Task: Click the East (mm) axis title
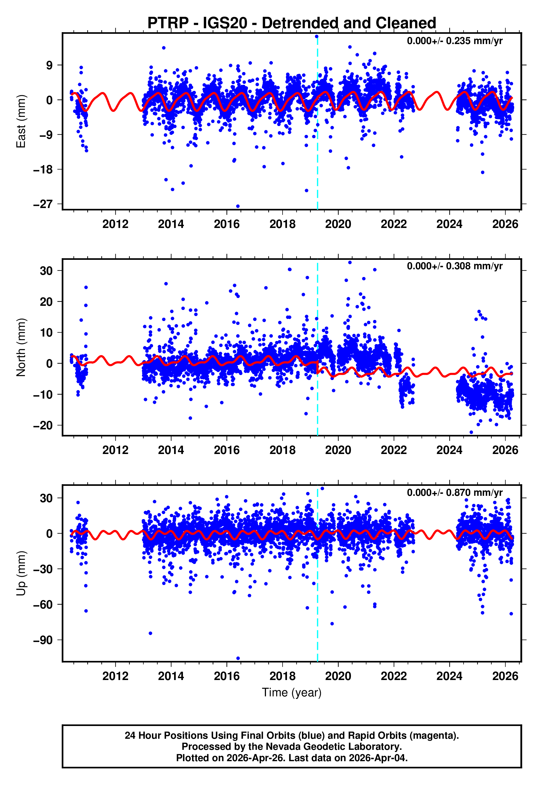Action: click(x=21, y=121)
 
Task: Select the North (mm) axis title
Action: click(x=21, y=347)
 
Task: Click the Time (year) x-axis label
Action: click(x=292, y=692)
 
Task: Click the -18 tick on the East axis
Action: click(x=43, y=170)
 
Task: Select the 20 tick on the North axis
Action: click(x=46, y=302)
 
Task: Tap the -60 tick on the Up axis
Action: click(x=43, y=605)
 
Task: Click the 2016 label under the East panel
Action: click(x=227, y=224)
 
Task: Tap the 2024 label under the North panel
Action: click(x=449, y=450)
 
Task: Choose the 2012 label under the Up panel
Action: click(x=115, y=676)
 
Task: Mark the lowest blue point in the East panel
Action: click(x=238, y=206)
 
